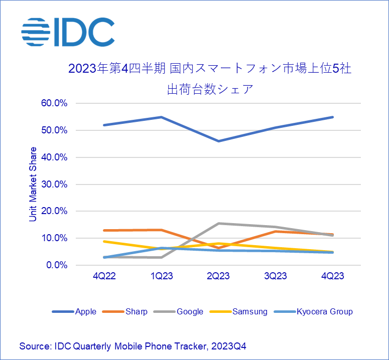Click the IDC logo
(x=68, y=32)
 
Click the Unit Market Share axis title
(x=33, y=184)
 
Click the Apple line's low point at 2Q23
(x=218, y=141)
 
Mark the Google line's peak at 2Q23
(x=218, y=223)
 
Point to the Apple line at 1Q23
(x=161, y=117)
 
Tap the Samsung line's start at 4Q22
(x=104, y=241)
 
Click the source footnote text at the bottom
(x=133, y=346)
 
